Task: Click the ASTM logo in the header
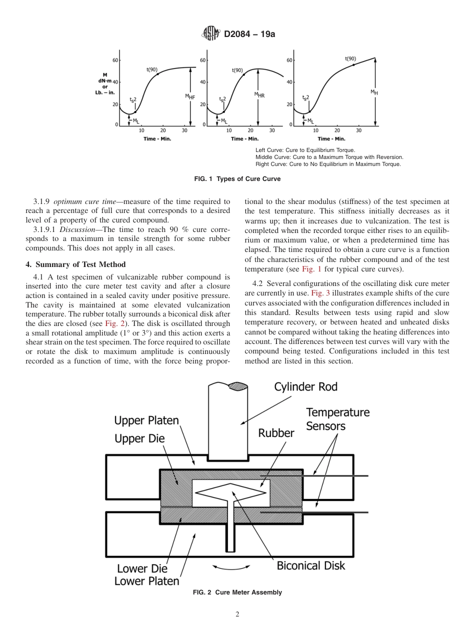tap(210, 34)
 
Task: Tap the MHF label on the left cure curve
tap(190, 97)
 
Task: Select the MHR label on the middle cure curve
tap(259, 94)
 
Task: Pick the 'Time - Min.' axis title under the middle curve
tap(244, 138)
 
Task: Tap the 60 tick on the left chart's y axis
tap(114, 60)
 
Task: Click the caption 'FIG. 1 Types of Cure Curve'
tap(237, 179)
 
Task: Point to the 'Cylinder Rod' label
tap(305, 387)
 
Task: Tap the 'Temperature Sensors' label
tap(337, 419)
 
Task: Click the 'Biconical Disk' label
tap(310, 565)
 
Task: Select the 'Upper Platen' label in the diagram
tap(146, 420)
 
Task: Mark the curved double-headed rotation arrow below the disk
tap(231, 566)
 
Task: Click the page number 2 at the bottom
tap(237, 614)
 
